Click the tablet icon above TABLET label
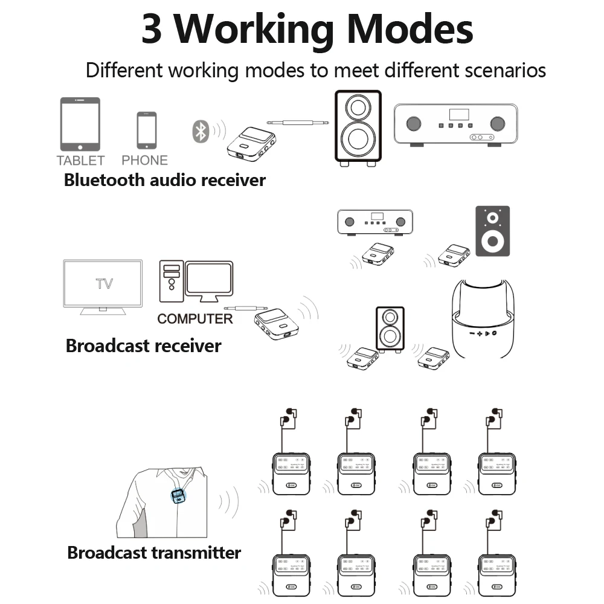pos(80,124)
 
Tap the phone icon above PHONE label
pos(146,130)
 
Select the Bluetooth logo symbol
pos(200,131)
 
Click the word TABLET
pos(80,161)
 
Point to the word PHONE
pos(144,161)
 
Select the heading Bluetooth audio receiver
pos(164,180)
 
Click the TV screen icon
pos(103,284)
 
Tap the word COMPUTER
pos(194,319)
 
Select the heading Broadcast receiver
pos(143,346)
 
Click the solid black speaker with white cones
pos(492,231)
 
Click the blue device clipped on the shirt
pos(178,496)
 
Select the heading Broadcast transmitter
pos(154,553)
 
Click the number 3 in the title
pos(152,29)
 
